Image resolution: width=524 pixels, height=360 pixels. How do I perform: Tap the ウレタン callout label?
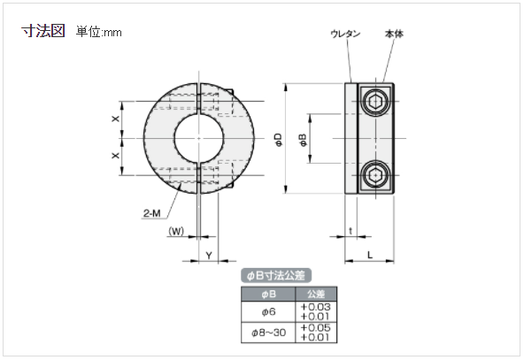click(344, 34)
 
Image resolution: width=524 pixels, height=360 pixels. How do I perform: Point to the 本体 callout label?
click(394, 34)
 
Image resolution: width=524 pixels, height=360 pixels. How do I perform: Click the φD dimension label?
click(277, 139)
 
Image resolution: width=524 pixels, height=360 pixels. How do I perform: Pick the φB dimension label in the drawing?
click(303, 139)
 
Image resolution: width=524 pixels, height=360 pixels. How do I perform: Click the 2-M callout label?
click(151, 212)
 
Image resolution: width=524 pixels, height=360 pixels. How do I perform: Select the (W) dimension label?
click(175, 234)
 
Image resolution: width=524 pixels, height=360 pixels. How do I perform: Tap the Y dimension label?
click(207, 255)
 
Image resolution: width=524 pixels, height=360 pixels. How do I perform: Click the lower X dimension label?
click(115, 156)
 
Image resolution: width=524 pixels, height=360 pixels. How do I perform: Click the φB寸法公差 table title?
click(277, 276)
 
